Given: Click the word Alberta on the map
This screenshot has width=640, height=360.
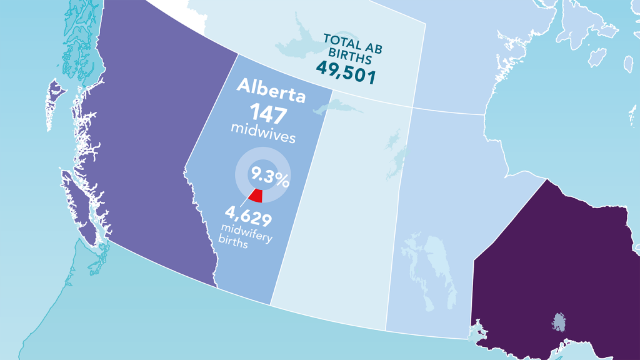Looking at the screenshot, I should point(271,96).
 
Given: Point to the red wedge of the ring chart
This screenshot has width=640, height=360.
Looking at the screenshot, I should point(256,195).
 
